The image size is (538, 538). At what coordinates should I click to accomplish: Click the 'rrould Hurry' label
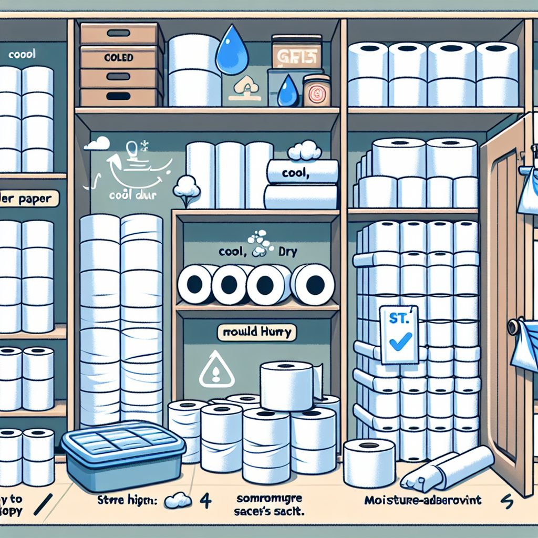pyautogui.click(x=257, y=333)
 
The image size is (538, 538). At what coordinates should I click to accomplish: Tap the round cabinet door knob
pyautogui.click(x=513, y=327)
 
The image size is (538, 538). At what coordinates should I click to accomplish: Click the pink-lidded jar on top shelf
pyautogui.click(x=317, y=90)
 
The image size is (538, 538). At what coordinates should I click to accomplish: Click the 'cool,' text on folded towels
pyautogui.click(x=294, y=174)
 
